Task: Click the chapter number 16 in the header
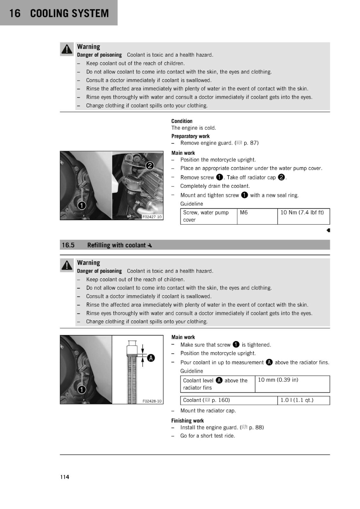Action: [15, 13]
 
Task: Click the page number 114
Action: [65, 477]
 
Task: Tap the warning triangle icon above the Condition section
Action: [67, 49]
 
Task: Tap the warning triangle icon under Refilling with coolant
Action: [67, 265]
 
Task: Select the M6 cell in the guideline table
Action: [257, 216]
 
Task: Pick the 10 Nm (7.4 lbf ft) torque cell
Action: [304, 216]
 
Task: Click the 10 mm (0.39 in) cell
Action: [292, 384]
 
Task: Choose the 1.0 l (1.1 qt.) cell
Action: [304, 400]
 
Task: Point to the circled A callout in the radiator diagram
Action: [151, 358]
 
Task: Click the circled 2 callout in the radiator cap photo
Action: [150, 166]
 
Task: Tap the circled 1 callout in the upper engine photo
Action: [81, 206]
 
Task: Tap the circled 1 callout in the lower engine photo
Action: [81, 389]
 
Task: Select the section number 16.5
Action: [68, 245]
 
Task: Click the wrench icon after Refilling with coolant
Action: [150, 245]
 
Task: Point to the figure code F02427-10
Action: [152, 217]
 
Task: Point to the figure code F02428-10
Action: [152, 401]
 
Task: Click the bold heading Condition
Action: [182, 121]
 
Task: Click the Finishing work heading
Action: [187, 421]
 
